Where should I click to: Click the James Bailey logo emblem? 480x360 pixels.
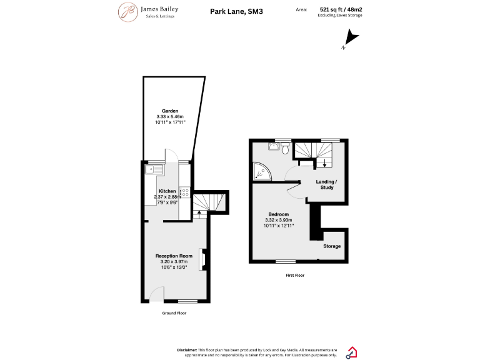pyautogui.click(x=128, y=11)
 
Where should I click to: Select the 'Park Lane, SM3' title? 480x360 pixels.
pyautogui.click(x=236, y=11)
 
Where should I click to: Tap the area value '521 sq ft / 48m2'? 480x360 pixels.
pyautogui.click(x=341, y=10)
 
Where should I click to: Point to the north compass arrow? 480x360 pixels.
pyautogui.click(x=351, y=40)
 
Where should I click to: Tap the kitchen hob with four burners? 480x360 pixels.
pyautogui.click(x=185, y=192)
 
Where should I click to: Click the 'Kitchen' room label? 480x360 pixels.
pyautogui.click(x=167, y=191)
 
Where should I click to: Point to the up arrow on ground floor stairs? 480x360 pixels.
pyautogui.click(x=199, y=214)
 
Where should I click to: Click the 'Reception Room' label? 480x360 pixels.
pyautogui.click(x=174, y=256)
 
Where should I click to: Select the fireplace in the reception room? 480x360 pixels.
pyautogui.click(x=202, y=259)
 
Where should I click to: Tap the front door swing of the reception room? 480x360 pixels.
pyautogui.click(x=157, y=293)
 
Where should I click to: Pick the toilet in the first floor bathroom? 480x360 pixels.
pyautogui.click(x=285, y=148)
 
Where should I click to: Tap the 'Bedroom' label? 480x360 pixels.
pyautogui.click(x=278, y=214)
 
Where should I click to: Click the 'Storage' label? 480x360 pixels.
pyautogui.click(x=332, y=246)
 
